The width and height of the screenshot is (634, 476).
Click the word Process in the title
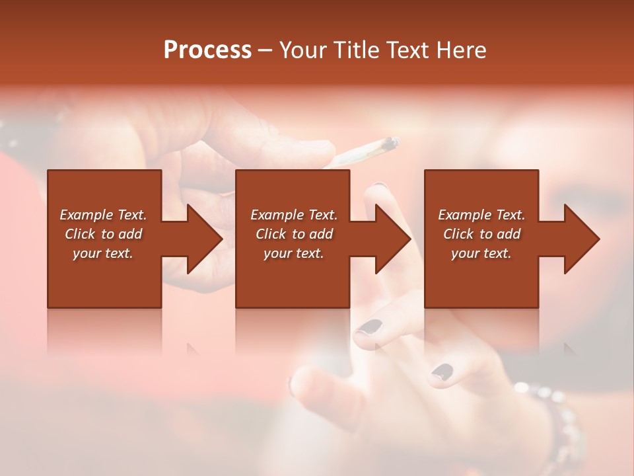(207, 50)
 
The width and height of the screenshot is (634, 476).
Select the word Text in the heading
(407, 50)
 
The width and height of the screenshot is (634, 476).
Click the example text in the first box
(103, 234)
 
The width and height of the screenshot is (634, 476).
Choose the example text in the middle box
(293, 234)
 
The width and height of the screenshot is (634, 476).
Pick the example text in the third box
(481, 234)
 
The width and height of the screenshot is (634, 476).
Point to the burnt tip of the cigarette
(391, 142)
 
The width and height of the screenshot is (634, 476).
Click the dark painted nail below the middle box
(372, 327)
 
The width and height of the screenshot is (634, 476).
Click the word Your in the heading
(303, 50)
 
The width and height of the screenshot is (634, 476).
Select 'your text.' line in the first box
(103, 253)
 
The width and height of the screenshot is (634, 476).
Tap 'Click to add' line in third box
(481, 234)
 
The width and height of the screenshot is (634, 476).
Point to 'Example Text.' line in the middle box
(293, 215)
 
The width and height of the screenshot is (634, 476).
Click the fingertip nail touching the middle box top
(378, 186)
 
